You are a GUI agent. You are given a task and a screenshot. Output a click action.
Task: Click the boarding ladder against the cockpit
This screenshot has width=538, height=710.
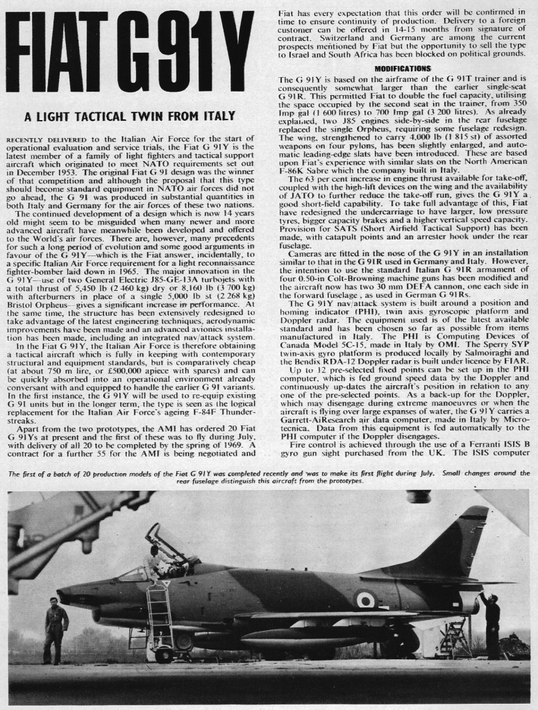160,611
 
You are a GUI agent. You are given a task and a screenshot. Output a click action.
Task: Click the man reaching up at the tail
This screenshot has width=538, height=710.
491,621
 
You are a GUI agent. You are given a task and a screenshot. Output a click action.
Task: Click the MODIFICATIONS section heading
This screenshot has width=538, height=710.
403,68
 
